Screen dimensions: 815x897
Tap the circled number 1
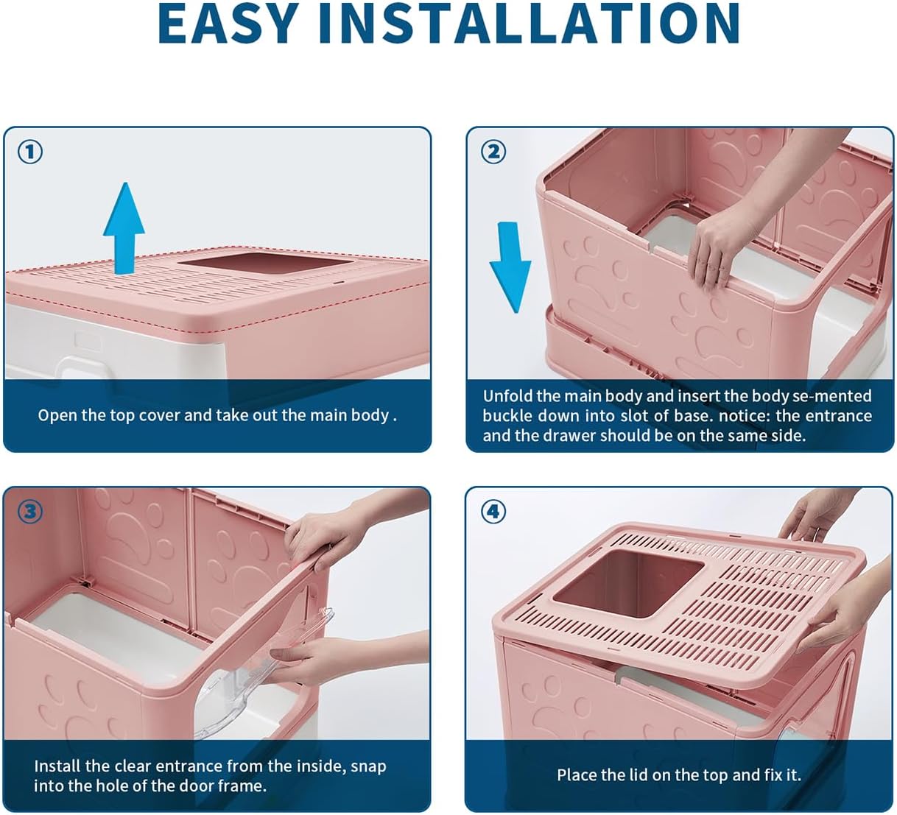30,152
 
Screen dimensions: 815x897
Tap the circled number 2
493,152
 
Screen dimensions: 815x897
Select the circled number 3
30,511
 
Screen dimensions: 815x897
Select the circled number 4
493,511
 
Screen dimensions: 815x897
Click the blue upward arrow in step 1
124,225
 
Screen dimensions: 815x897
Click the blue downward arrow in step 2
510,265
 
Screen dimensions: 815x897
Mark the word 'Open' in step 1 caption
57,416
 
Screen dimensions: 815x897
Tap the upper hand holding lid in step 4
814,515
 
